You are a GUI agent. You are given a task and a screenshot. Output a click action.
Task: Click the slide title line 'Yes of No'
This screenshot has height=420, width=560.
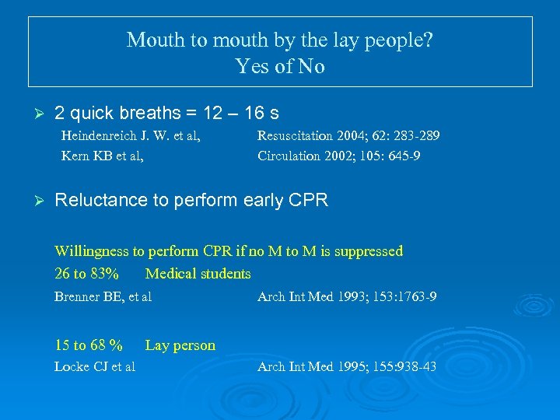coord(280,67)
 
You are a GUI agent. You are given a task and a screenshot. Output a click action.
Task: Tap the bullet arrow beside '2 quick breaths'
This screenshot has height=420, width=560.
coord(33,114)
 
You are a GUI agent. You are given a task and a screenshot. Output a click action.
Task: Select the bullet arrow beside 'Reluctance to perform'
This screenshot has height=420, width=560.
coord(33,201)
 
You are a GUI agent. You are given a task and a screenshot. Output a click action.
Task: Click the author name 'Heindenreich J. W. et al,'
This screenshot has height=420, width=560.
coord(131,136)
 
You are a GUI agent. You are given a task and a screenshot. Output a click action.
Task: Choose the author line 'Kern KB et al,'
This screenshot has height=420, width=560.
coord(102,156)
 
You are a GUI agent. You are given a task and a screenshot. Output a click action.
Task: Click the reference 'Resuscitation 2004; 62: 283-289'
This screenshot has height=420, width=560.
coord(348,136)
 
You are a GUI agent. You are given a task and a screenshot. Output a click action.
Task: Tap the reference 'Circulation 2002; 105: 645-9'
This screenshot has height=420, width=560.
coord(338,156)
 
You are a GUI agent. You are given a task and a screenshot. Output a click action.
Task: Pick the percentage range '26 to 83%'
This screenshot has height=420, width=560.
coord(86,274)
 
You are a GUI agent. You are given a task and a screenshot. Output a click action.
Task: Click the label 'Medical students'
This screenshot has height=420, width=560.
coord(198,274)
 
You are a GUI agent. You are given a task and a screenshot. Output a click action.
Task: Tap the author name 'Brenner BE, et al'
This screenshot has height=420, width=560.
coord(103,296)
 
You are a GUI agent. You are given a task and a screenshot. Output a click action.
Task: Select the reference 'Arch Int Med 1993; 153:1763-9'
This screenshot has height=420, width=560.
coord(346,296)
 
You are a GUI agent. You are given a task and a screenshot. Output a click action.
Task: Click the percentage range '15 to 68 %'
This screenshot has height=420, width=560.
coord(88,345)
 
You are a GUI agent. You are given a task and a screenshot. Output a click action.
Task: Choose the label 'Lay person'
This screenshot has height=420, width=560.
coord(180,345)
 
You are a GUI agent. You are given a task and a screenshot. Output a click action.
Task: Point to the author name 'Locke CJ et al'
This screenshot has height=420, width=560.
coord(94,366)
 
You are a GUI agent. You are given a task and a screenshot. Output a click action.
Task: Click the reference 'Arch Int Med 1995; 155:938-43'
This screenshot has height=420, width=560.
coord(346,366)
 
